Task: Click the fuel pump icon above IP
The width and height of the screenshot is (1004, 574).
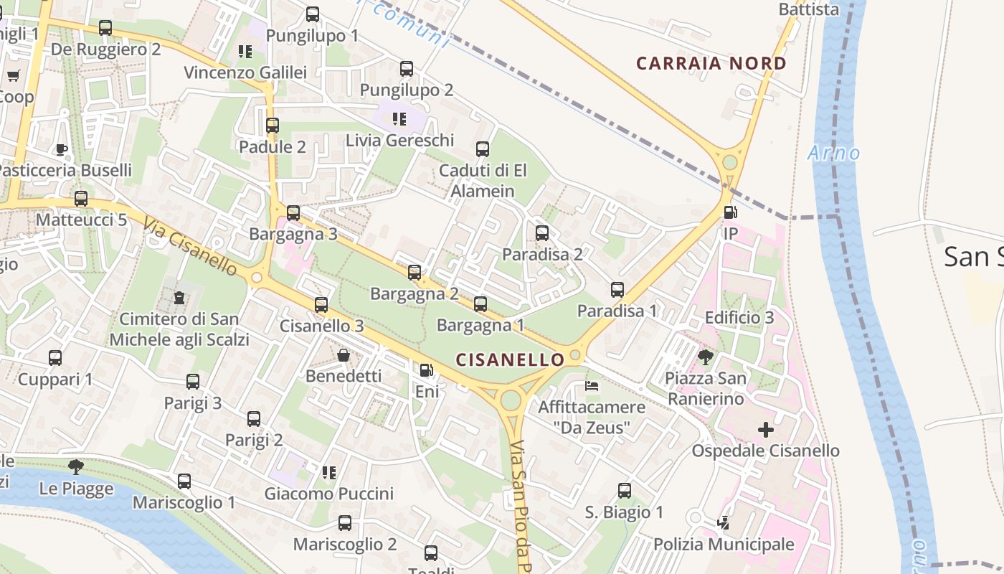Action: pyautogui.click(x=730, y=212)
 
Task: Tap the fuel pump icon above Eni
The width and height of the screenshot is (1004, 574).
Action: pyautogui.click(x=426, y=370)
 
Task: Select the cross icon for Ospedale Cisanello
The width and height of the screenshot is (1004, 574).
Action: pyautogui.click(x=765, y=430)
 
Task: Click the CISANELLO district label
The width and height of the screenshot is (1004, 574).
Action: pyautogui.click(x=511, y=358)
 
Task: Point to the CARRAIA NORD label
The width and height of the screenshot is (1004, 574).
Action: pyautogui.click(x=711, y=63)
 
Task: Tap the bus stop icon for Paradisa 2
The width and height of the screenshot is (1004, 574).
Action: pyautogui.click(x=542, y=233)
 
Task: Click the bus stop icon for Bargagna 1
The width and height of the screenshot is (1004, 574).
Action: pyautogui.click(x=480, y=304)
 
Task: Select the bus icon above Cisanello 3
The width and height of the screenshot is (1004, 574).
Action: pyautogui.click(x=321, y=305)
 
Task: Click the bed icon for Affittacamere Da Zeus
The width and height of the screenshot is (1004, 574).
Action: pyautogui.click(x=592, y=386)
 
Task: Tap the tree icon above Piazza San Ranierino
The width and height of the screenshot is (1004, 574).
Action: pyautogui.click(x=706, y=357)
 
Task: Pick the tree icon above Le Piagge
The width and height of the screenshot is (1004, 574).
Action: pyautogui.click(x=76, y=467)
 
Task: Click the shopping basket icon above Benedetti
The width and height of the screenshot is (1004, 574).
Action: pyautogui.click(x=344, y=355)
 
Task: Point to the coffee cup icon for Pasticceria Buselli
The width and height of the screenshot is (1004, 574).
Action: pyautogui.click(x=62, y=149)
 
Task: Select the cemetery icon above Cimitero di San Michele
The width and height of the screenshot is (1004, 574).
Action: pyautogui.click(x=179, y=297)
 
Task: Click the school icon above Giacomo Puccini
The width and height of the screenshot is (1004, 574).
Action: pyautogui.click(x=329, y=472)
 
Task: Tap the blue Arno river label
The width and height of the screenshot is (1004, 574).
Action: pyautogui.click(x=833, y=153)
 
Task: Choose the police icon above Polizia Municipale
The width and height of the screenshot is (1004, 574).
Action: pyautogui.click(x=723, y=523)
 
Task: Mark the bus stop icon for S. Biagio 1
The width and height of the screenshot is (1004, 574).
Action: pyautogui.click(x=625, y=491)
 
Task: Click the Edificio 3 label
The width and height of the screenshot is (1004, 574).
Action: pyautogui.click(x=739, y=317)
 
